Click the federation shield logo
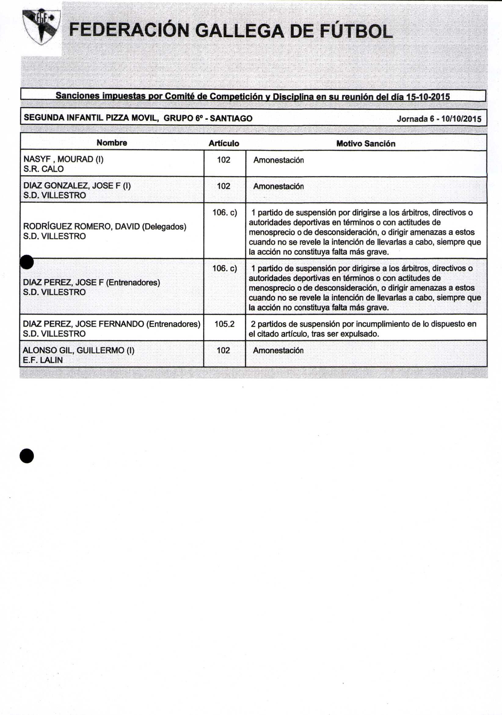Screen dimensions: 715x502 click(x=42, y=27)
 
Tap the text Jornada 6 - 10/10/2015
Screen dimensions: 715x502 click(x=439, y=119)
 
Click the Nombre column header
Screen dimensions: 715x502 click(x=112, y=143)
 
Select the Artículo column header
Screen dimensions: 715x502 click(x=224, y=144)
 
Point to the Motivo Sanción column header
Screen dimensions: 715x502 click(x=366, y=144)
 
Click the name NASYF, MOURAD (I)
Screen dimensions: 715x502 click(x=64, y=159)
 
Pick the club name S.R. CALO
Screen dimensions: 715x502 click(x=44, y=169)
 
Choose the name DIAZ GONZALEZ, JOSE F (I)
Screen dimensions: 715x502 click(x=77, y=186)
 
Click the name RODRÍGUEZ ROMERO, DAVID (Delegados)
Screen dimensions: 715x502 click(x=104, y=227)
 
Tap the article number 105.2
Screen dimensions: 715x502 click(x=224, y=324)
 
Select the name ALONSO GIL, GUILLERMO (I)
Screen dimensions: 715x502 click(x=78, y=351)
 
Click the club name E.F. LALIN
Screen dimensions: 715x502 click(x=43, y=360)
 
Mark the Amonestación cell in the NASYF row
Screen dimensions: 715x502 click(x=278, y=160)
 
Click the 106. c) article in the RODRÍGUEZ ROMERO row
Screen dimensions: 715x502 click(x=225, y=213)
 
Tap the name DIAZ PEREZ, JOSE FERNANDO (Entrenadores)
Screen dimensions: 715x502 click(x=111, y=324)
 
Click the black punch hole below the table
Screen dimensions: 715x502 click(x=27, y=456)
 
